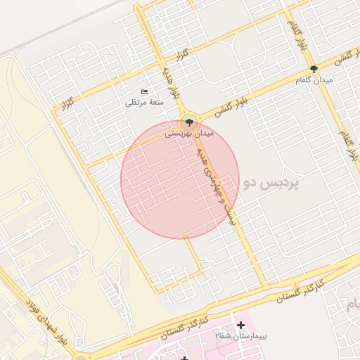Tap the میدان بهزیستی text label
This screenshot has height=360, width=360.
[x=189, y=133]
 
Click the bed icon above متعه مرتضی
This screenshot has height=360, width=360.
[x=144, y=92]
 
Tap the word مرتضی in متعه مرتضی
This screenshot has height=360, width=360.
[x=134, y=103]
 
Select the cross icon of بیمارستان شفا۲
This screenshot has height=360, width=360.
[x=241, y=325]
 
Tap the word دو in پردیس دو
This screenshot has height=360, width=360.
[x=250, y=184]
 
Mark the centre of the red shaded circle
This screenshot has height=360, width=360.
[x=180, y=180]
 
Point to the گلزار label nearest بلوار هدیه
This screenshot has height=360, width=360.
[x=181, y=54]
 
